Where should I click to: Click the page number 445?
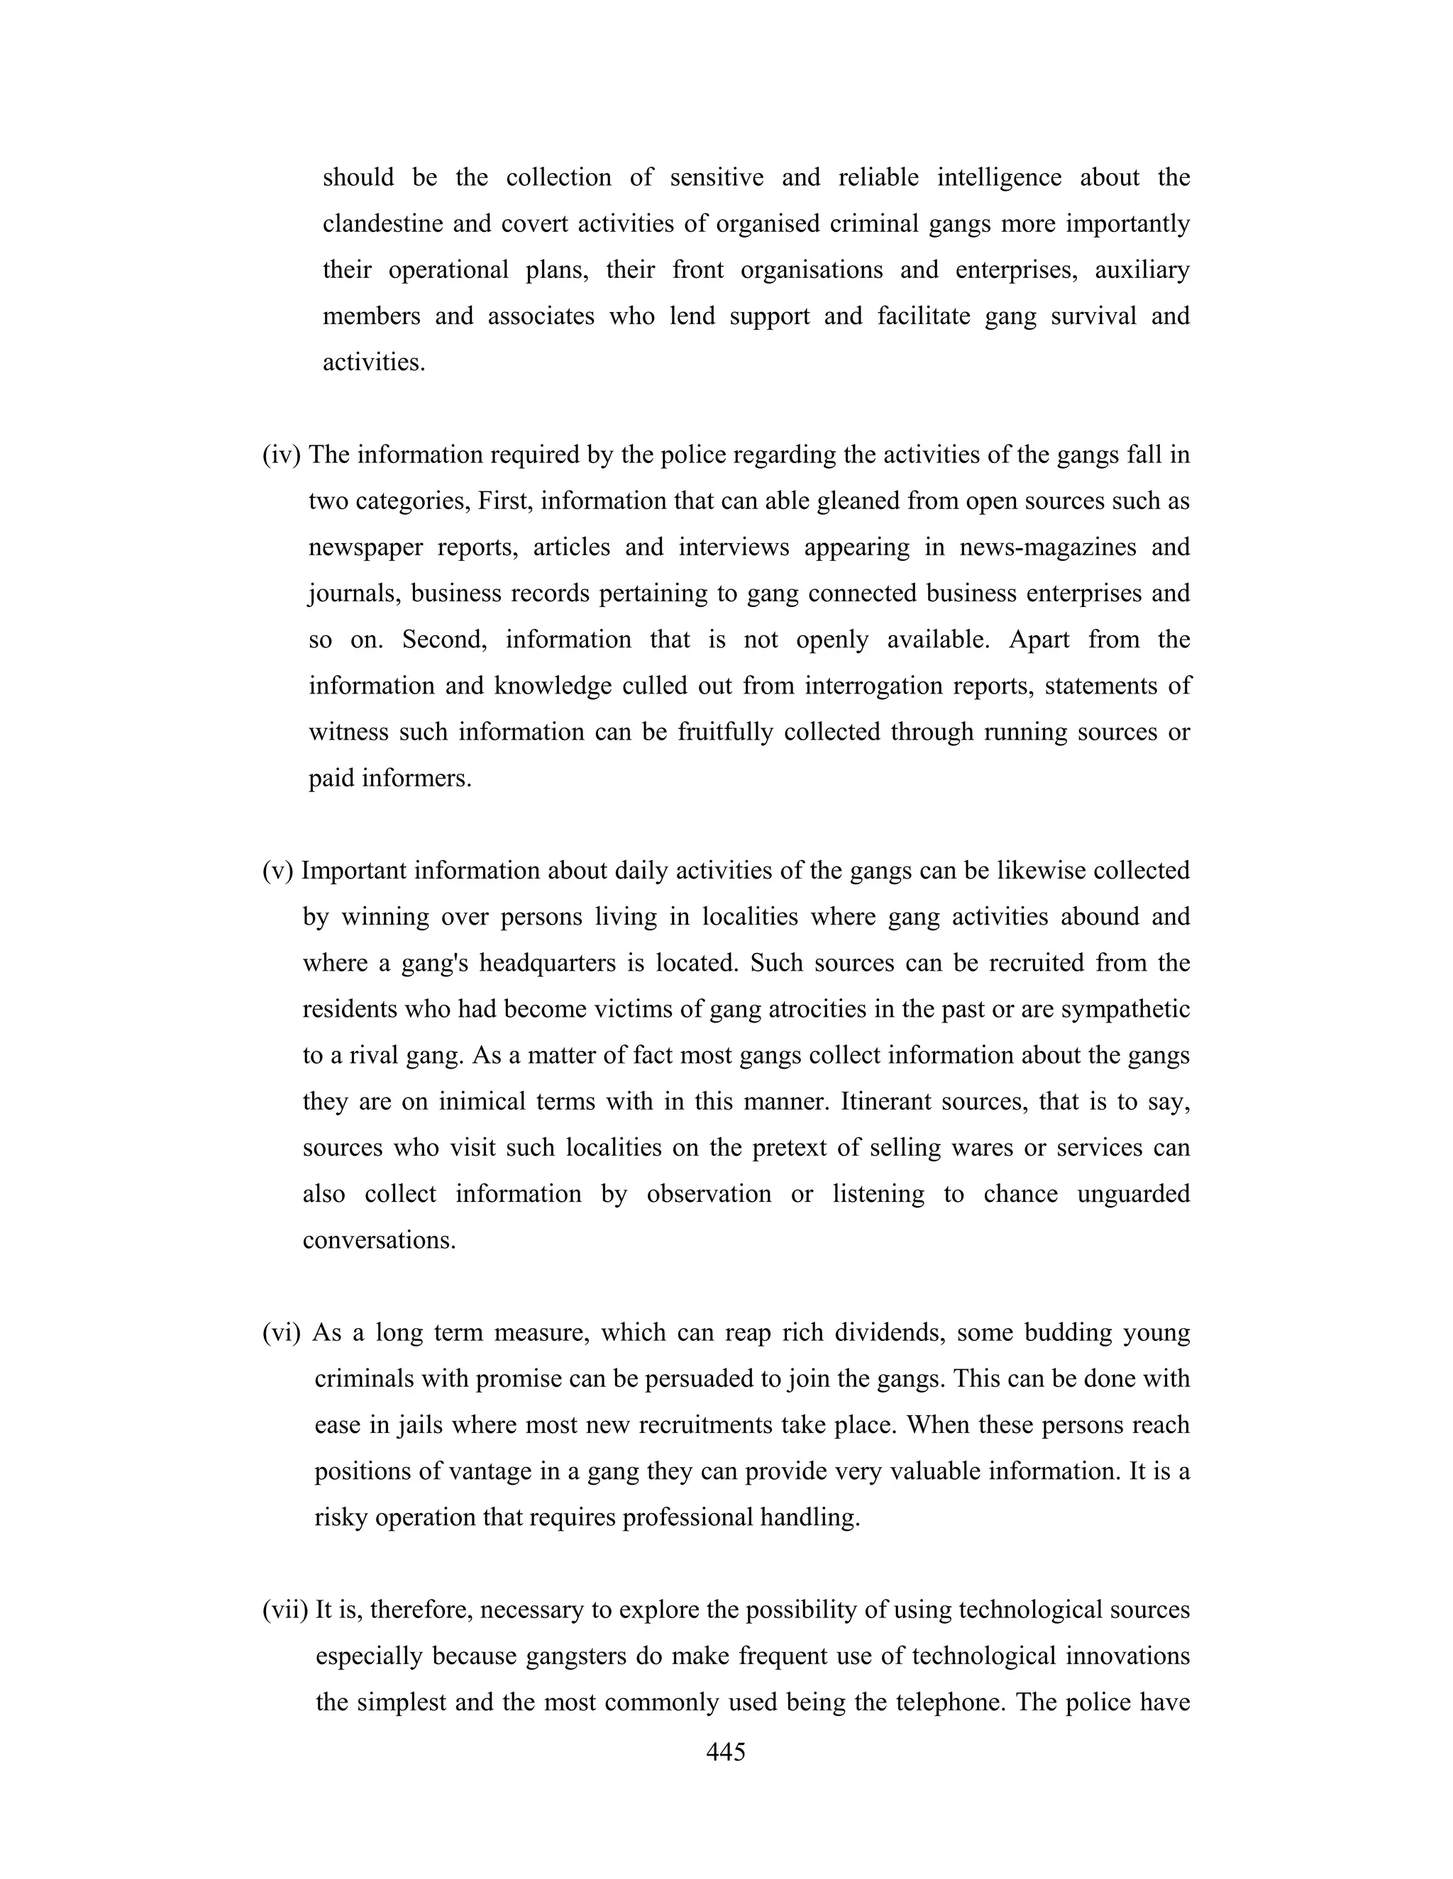[726, 1753]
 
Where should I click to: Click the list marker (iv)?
[282, 455]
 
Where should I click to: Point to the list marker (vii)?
[285, 1610]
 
